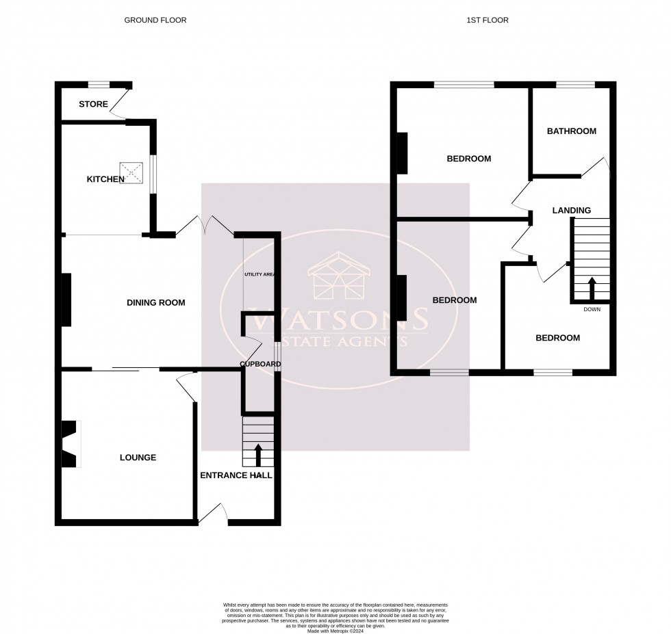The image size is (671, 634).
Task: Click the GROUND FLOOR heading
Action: (155, 21)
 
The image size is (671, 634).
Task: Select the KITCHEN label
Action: (105, 179)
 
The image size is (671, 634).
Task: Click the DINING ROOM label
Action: (155, 302)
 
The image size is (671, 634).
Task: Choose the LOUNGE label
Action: (138, 458)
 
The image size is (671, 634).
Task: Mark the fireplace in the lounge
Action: (69, 445)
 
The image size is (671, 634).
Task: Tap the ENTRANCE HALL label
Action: (236, 475)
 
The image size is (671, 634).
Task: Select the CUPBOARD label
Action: (259, 364)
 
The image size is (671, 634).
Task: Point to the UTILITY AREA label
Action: (259, 274)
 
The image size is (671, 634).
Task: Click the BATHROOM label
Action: (571, 131)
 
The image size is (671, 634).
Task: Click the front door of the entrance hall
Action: (214, 514)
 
